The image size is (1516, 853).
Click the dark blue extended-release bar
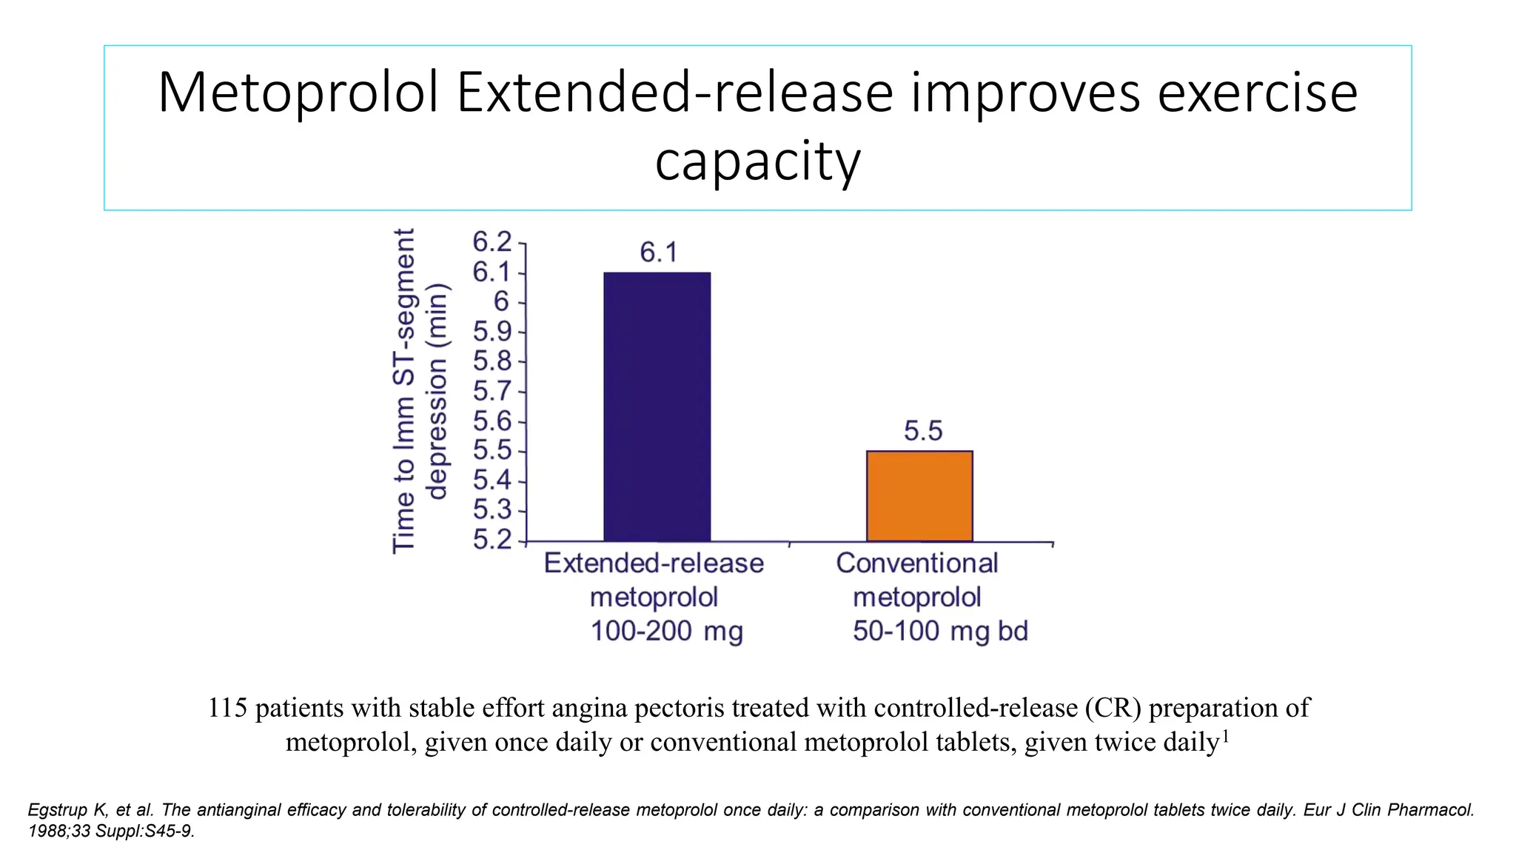point(657,407)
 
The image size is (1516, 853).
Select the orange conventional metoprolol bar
point(919,495)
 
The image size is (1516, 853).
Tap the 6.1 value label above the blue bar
point(658,253)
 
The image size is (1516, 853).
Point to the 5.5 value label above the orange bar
point(923,431)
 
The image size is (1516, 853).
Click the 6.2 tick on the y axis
point(492,242)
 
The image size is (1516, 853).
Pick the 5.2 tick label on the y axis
point(492,540)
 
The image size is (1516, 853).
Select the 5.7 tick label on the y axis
point(492,392)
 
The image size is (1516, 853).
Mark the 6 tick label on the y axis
point(501,302)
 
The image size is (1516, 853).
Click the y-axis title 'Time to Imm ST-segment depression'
point(419,390)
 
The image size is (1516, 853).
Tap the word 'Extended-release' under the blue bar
point(653,563)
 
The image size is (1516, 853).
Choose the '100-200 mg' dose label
point(666,632)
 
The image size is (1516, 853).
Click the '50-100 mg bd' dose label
point(940,632)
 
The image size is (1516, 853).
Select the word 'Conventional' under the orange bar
point(916,563)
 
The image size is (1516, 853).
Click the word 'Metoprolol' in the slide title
point(298,93)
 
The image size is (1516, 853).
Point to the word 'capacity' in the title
point(757,161)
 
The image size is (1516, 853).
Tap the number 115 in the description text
point(227,708)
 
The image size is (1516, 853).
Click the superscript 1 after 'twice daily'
point(1226,735)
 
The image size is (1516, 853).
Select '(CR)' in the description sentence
point(1113,708)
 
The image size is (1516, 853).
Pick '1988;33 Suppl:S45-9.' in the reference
point(111,831)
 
